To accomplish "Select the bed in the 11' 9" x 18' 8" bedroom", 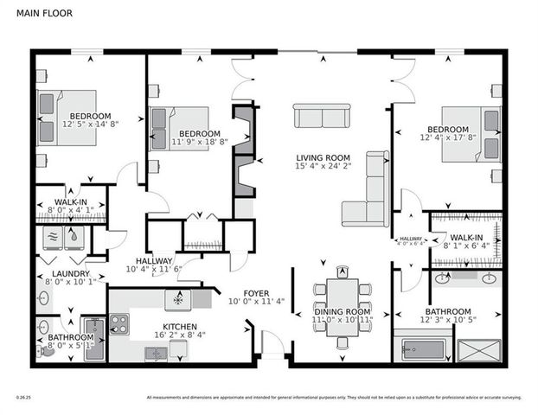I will pos(180,127).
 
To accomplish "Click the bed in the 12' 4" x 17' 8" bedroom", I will pos(471,134).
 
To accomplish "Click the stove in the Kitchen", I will pos(118,324).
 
